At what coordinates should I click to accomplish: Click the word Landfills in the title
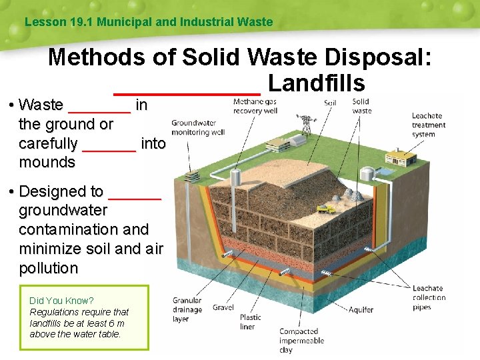click(316, 83)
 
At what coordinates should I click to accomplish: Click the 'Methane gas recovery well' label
click(255, 106)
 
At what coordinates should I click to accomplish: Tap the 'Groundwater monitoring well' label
click(198, 127)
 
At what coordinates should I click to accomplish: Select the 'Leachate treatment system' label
click(429, 125)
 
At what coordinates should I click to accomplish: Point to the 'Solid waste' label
click(361, 106)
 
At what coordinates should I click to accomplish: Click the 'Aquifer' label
click(361, 309)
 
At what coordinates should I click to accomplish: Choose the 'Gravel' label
click(223, 307)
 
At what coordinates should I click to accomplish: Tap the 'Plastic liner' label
click(251, 322)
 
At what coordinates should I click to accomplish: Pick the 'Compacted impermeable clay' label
click(301, 340)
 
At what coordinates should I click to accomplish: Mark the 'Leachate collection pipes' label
click(429, 297)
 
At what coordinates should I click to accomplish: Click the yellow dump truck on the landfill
click(326, 209)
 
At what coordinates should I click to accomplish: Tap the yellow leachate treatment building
click(401, 159)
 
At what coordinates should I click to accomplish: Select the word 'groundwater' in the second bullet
click(63, 211)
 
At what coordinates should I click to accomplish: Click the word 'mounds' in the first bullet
click(47, 162)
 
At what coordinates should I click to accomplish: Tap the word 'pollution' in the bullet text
click(49, 268)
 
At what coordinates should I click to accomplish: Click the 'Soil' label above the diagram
click(330, 103)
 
